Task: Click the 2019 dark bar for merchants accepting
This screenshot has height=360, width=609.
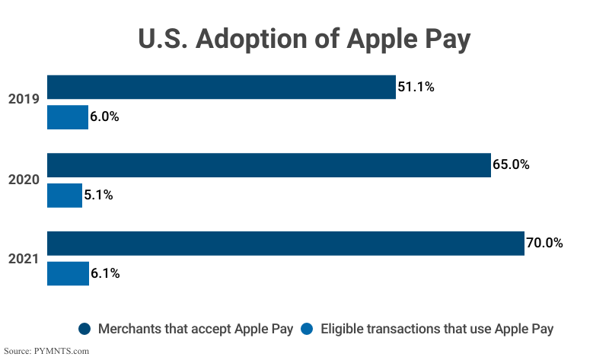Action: pos(221,87)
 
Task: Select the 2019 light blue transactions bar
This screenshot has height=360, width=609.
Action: pos(68,117)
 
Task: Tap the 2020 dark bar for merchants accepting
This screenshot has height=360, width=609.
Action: pos(269,165)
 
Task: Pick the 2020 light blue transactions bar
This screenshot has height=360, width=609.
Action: pos(65,195)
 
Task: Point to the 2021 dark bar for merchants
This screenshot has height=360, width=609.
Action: pos(285,244)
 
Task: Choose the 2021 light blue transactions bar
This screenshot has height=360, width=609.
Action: pos(68,273)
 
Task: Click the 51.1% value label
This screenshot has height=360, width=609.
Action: pos(416,87)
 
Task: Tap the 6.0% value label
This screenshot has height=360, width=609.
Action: pos(105,117)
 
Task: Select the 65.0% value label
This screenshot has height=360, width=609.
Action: pos(511,165)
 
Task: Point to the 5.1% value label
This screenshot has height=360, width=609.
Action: pos(98,195)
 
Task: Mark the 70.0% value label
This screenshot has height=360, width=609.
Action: pos(544,244)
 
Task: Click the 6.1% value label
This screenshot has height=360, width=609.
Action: pos(105,273)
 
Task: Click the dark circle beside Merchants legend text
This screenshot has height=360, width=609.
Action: pos(84,329)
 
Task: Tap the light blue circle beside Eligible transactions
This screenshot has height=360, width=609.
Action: pos(307,329)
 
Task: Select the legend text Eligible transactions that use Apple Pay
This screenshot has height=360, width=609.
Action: pos(437,329)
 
